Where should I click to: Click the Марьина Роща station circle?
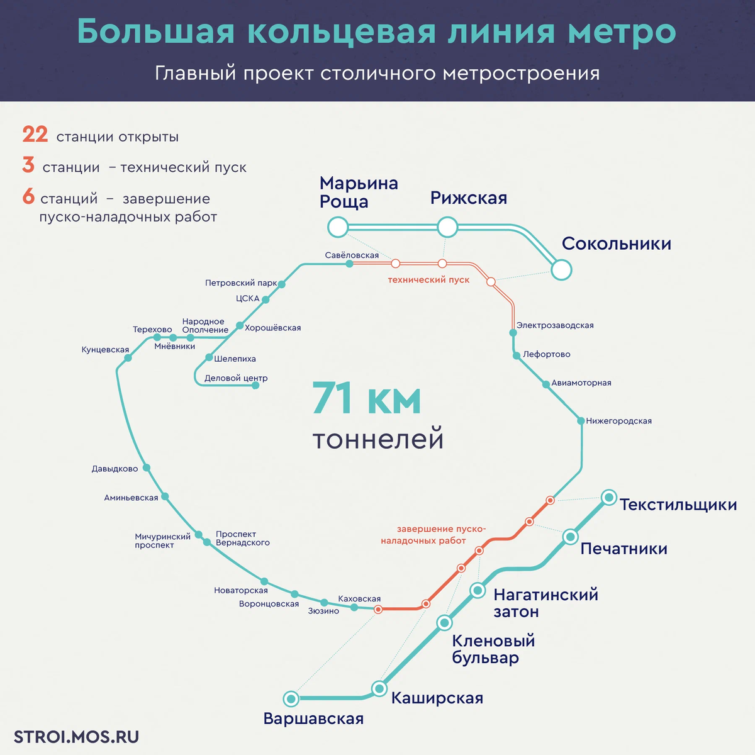click(x=338, y=227)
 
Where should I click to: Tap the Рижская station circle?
click(x=447, y=227)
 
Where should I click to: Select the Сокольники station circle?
click(x=561, y=270)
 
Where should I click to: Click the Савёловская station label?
click(x=352, y=255)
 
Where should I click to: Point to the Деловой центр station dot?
click(x=255, y=385)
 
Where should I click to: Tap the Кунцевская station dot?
click(x=128, y=358)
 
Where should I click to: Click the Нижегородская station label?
click(x=618, y=421)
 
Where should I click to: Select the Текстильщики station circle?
click(x=608, y=498)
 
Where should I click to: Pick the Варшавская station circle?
click(x=291, y=698)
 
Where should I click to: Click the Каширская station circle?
click(x=379, y=688)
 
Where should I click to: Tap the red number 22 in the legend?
click(x=35, y=135)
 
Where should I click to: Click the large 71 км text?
click(x=366, y=399)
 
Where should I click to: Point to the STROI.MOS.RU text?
click(x=76, y=737)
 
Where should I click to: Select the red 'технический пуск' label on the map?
click(x=428, y=279)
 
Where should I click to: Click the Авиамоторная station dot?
click(x=546, y=384)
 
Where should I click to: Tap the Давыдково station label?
click(x=115, y=469)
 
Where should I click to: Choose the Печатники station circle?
click(x=570, y=537)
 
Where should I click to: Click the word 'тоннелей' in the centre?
click(x=378, y=439)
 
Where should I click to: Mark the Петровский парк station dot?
click(x=281, y=284)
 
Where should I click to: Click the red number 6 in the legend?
click(x=28, y=197)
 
